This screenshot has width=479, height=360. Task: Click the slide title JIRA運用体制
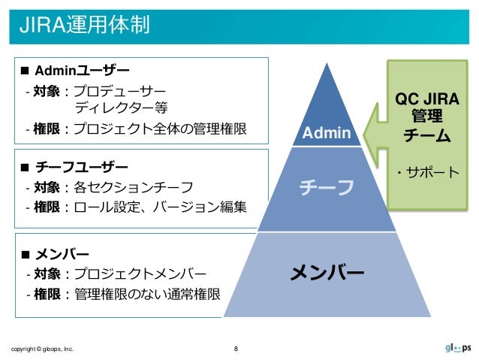pyautogui.click(x=84, y=25)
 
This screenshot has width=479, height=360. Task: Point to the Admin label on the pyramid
pyautogui.click(x=326, y=134)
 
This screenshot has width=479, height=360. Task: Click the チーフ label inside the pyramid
pyautogui.click(x=326, y=187)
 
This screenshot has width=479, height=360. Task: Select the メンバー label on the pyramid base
pyautogui.click(x=327, y=271)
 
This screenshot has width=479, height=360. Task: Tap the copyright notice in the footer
pyautogui.click(x=42, y=349)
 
